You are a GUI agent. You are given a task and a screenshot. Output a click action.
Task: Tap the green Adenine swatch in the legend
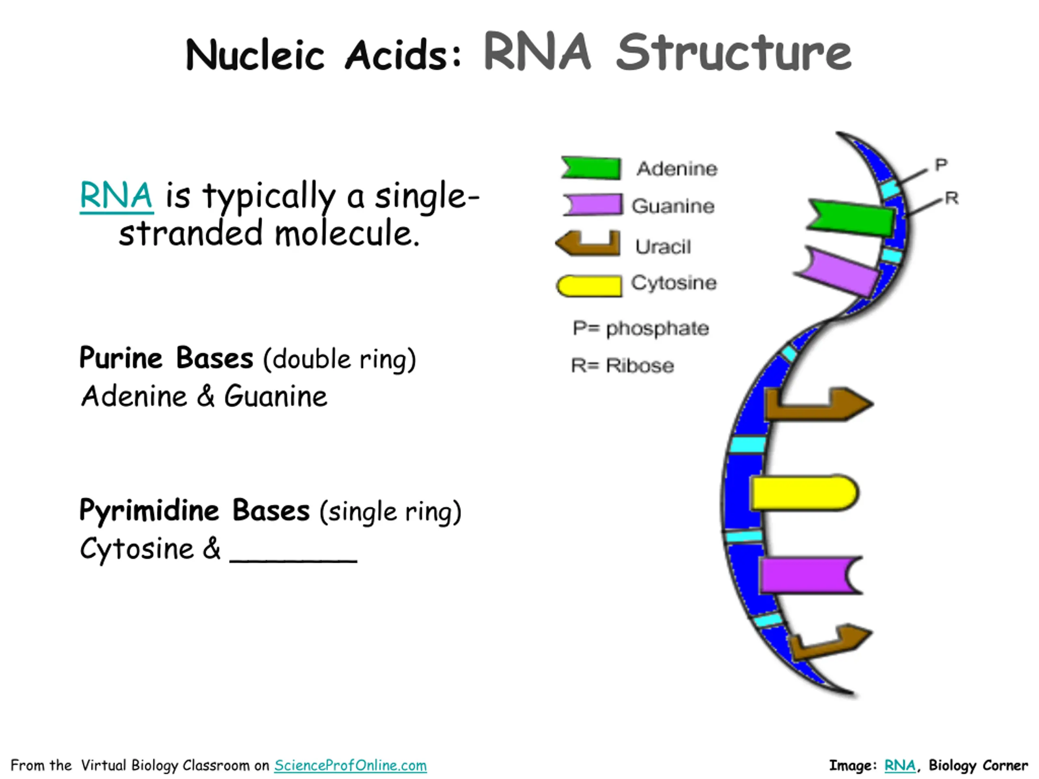coord(591,168)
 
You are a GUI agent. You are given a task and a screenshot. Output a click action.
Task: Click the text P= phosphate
coord(641,329)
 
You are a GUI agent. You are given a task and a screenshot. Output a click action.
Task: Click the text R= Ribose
coord(622,365)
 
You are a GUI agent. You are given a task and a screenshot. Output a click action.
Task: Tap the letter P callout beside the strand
coord(941,165)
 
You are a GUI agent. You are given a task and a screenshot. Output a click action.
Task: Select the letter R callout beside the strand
coord(952,198)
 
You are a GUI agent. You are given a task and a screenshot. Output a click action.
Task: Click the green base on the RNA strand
coord(851,217)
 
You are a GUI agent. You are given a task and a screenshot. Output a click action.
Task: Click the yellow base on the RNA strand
coord(804,493)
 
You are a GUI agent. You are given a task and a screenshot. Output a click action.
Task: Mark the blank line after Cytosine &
coord(293,560)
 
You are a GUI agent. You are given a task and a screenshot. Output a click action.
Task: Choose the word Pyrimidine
coord(149,511)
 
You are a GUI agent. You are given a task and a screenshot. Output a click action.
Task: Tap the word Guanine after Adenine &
coord(276,396)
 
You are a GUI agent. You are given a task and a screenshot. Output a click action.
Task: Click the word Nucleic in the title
coord(255,55)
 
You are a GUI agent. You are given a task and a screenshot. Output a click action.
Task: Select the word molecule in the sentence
coord(347,233)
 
